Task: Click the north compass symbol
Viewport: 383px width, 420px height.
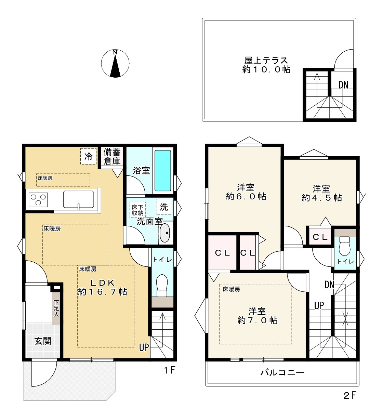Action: pos(115,64)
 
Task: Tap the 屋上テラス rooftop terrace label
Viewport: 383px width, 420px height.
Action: pos(266,65)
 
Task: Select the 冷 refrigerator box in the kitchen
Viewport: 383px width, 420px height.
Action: pos(88,157)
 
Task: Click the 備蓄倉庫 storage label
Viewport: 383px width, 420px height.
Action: pos(112,157)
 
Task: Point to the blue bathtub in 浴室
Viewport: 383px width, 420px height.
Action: pos(162,170)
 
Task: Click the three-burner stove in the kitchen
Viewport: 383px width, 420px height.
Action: pos(38,199)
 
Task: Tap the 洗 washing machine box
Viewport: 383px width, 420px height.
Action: pos(164,207)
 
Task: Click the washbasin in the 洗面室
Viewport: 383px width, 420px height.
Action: pos(165,233)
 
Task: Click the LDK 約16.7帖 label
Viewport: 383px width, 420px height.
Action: pos(102,287)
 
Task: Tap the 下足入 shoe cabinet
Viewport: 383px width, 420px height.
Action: pos(56,308)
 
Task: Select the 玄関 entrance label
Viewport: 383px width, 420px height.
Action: pos(42,341)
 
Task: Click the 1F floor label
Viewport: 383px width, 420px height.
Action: pos(169,370)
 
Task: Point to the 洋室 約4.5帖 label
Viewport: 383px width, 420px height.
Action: pos(321,193)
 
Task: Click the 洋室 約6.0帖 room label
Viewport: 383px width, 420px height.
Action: pos(246,192)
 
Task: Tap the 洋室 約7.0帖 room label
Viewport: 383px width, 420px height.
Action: pos(257,316)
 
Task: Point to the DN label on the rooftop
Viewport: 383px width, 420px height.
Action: pos(343,85)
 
